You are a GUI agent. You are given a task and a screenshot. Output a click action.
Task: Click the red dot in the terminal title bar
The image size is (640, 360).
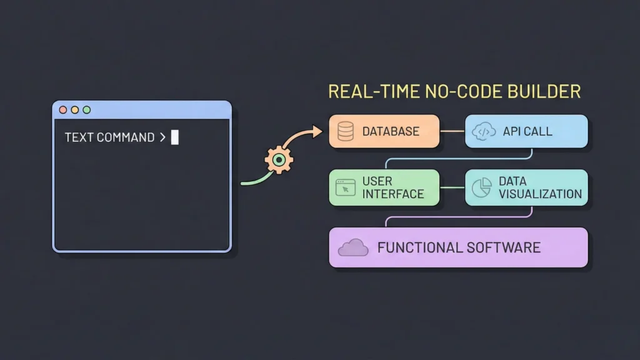tap(62, 110)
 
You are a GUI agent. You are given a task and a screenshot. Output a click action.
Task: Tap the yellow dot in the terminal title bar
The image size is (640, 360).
tap(74, 110)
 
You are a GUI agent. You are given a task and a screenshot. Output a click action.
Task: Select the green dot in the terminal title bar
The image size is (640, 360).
tap(86, 110)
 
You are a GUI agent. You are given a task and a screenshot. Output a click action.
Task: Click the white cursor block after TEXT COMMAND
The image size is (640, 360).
tap(175, 137)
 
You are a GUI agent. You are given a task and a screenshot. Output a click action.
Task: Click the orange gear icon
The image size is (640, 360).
tap(279, 160)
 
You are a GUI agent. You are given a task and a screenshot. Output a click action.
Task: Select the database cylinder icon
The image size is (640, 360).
tap(346, 131)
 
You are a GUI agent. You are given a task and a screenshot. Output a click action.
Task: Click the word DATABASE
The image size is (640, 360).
tap(391, 132)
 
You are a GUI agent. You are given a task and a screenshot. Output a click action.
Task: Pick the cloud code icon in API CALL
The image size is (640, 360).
tap(485, 131)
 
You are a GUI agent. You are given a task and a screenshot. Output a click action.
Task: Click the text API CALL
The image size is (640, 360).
tap(527, 132)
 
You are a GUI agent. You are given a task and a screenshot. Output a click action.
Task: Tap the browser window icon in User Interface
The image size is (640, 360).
tap(346, 187)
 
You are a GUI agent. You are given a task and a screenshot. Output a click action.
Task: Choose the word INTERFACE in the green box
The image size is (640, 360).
tap(393, 194)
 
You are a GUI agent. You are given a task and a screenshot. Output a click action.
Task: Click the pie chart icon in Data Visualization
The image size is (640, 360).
tap(481, 187)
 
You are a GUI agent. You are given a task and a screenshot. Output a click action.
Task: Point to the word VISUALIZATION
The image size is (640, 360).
tap(540, 194)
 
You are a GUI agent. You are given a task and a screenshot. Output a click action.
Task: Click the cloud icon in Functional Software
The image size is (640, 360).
tap(353, 248)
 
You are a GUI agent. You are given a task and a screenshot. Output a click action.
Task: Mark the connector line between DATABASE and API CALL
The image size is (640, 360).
tap(452, 131)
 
